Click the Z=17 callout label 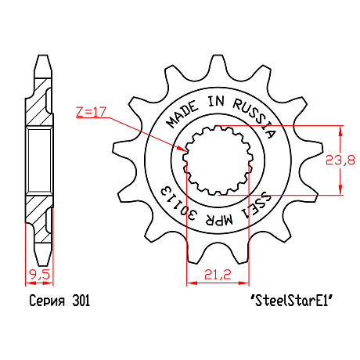click(x=91, y=111)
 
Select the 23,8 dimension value click(x=340, y=160)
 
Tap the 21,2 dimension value click(x=218, y=275)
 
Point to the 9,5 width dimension click(x=40, y=275)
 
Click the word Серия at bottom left click(x=47, y=301)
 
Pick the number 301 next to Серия click(x=81, y=301)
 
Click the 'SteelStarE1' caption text click(x=292, y=301)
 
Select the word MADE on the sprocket click(x=182, y=114)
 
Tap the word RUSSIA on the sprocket click(x=254, y=117)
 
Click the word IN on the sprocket click(x=216, y=101)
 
